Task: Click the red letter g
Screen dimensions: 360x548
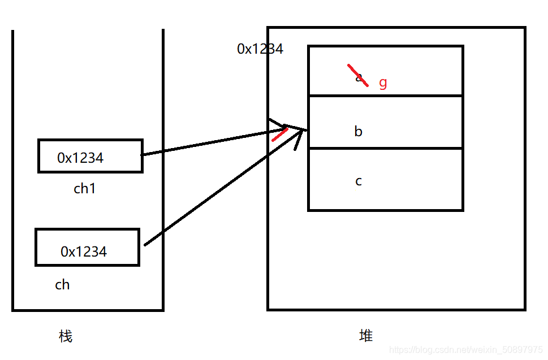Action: tap(383, 83)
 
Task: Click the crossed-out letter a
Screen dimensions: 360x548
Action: tap(359, 77)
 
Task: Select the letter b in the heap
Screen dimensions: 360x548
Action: tap(358, 132)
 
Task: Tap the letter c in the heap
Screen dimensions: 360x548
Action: tap(358, 181)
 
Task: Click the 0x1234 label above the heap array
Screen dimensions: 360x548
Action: tap(260, 49)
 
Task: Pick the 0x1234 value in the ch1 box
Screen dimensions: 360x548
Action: tap(80, 158)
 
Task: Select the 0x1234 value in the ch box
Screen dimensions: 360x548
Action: tap(84, 251)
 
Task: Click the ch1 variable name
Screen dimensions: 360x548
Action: tap(85, 189)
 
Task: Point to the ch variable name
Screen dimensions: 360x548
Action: tap(62, 285)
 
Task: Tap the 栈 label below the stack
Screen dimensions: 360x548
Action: tap(66, 337)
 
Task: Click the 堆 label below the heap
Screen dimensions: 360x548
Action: tap(366, 336)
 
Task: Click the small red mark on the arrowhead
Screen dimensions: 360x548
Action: tap(279, 134)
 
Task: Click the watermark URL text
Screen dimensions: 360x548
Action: tap(466, 351)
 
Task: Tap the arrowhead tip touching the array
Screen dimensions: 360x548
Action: tap(305, 130)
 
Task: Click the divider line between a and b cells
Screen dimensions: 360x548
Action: tap(385, 96)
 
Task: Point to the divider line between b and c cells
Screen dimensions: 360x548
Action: tap(385, 148)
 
